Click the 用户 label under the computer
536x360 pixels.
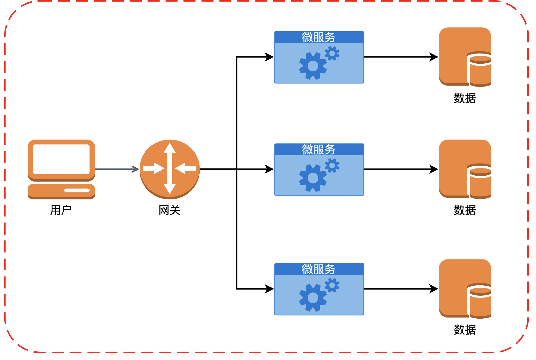(61, 210)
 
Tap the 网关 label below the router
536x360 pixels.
(169, 210)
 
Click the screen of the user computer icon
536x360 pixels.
(61, 159)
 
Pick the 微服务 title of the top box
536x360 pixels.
(319, 37)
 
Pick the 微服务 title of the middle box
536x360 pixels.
(319, 150)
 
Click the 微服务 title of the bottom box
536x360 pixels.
(319, 269)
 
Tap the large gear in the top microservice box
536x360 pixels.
(313, 66)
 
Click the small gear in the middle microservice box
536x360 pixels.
(332, 166)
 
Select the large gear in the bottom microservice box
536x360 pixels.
(313, 298)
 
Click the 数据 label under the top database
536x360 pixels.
(465, 98)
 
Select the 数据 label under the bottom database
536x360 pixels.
(465, 330)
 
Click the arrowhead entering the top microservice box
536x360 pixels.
(269, 57)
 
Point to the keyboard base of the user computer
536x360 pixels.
(61, 191)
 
